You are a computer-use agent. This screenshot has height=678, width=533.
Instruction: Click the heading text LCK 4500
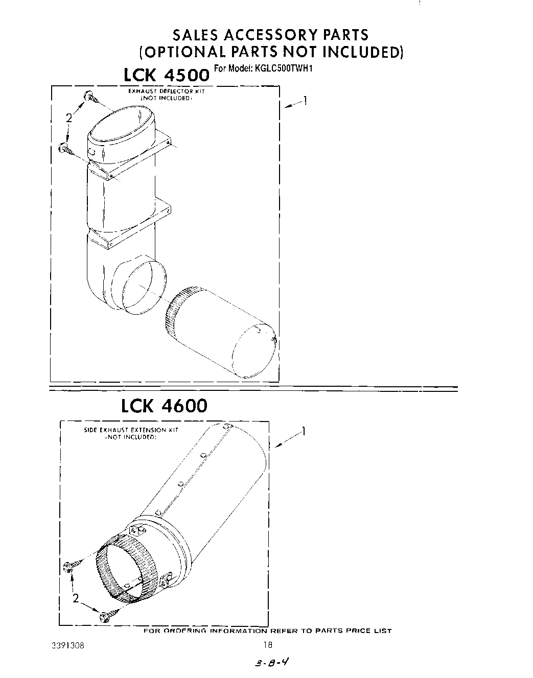[167, 75]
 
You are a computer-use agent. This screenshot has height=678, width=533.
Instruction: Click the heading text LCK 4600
[164, 406]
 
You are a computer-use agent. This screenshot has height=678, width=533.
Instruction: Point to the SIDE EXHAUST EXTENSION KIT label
[131, 430]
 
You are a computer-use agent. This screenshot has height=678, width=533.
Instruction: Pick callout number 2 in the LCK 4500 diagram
[68, 118]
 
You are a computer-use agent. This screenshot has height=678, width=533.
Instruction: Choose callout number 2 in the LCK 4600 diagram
[76, 599]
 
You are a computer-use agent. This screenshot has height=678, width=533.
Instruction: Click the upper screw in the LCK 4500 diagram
[92, 98]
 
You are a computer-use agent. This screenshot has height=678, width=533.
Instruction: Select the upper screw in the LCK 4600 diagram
[72, 566]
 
